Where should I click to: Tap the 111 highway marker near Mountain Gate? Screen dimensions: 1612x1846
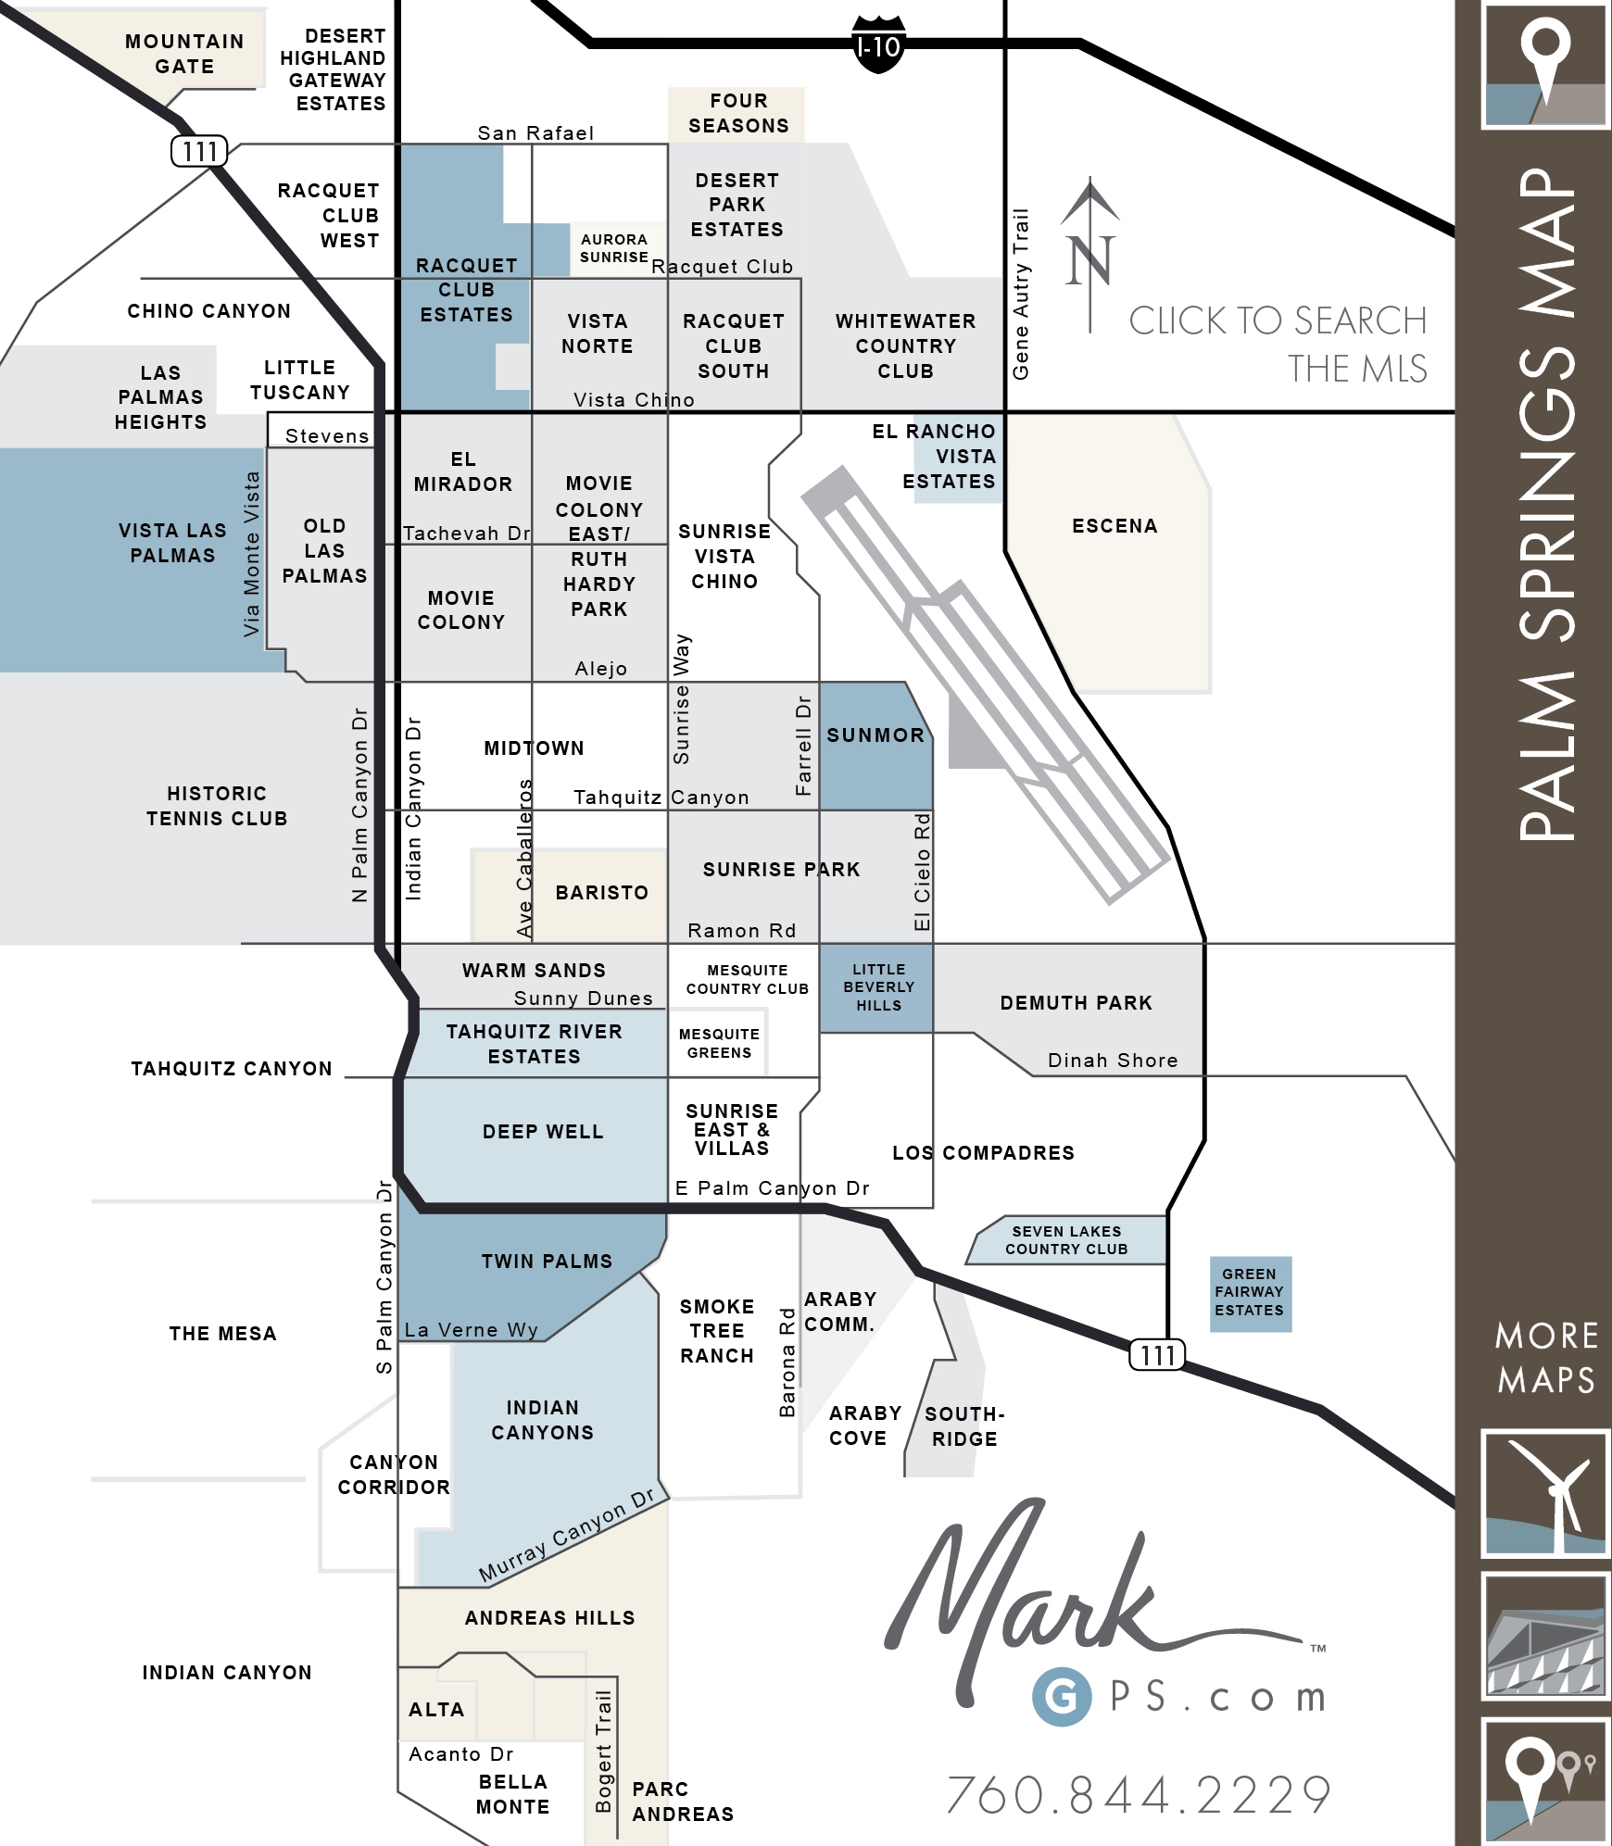click(x=199, y=151)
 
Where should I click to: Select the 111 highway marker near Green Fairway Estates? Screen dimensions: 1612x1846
click(x=1157, y=1355)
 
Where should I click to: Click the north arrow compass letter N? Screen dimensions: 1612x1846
click(x=1089, y=260)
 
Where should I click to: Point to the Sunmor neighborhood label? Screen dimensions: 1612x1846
click(x=875, y=735)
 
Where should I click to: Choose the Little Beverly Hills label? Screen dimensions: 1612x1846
click(x=878, y=987)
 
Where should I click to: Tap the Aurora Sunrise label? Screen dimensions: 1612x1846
click(x=613, y=248)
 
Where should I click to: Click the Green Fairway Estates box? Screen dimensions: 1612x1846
click(x=1250, y=1293)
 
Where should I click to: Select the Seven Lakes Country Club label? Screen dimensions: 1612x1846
click(x=1066, y=1240)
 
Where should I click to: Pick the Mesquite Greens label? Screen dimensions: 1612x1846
click(x=719, y=1044)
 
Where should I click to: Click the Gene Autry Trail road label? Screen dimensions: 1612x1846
click(x=1020, y=294)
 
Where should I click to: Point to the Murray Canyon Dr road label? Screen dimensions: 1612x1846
click(x=567, y=1536)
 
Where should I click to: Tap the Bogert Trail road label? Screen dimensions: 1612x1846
click(x=603, y=1752)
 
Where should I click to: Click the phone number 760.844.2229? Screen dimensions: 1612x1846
click(x=1140, y=1795)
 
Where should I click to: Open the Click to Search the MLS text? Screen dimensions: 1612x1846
click(x=1278, y=345)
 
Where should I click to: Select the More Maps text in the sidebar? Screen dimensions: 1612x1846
click(x=1546, y=1358)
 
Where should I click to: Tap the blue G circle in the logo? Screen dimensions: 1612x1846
click(x=1062, y=1697)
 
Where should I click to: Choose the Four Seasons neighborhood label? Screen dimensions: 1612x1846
click(x=738, y=113)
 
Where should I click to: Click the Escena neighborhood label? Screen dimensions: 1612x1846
click(x=1115, y=526)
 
